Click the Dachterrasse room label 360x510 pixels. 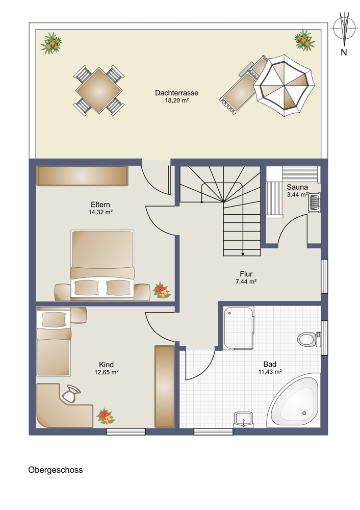pos(176,93)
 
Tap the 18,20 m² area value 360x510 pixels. pos(177,100)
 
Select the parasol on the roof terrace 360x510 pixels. pos(284,86)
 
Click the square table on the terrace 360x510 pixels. pos(99,90)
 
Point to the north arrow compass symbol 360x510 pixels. pos(344,29)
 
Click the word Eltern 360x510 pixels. pos(100,205)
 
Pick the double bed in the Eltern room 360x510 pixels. pos(102,265)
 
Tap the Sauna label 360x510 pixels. pos(297,187)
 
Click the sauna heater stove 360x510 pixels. pos(314,202)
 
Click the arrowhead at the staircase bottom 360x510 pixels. pos(243,253)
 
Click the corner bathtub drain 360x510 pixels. pos(304,413)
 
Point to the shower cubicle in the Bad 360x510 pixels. pos(239,328)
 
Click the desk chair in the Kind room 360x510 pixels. pos(70,393)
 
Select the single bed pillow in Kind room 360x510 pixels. pos(54,319)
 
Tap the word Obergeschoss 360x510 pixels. pos(55,470)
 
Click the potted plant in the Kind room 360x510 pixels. pos(106,416)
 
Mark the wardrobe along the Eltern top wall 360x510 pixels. pos(82,176)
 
